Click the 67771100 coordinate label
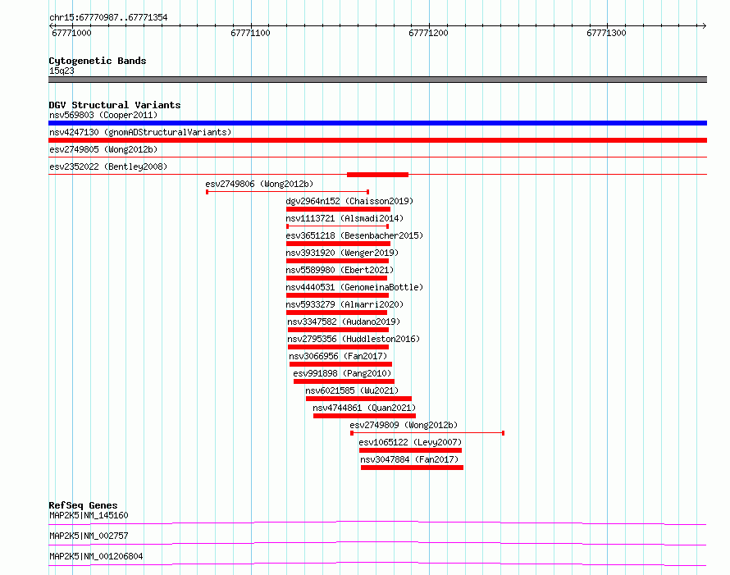tap(250, 33)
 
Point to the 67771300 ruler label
tap(606, 33)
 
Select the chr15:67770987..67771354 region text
tap(108, 18)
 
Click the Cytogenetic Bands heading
tap(98, 61)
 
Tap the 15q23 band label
tap(62, 71)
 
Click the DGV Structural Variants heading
tap(115, 105)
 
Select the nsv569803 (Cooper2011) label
tap(103, 115)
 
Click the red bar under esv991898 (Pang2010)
tap(344, 381)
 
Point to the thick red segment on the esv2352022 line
tap(377, 175)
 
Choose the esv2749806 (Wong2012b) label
tap(259, 184)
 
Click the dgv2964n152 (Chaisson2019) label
tap(349, 201)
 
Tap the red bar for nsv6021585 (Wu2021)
tap(358, 399)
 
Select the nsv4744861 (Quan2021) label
tap(364, 408)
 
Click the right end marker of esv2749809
tap(504, 433)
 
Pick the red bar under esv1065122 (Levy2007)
tap(410, 450)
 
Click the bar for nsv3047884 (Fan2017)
tap(412, 468)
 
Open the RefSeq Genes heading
tap(84, 505)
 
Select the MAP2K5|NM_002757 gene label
tap(89, 536)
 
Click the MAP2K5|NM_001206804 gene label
tap(96, 556)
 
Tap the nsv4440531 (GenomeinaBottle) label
tap(354, 287)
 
